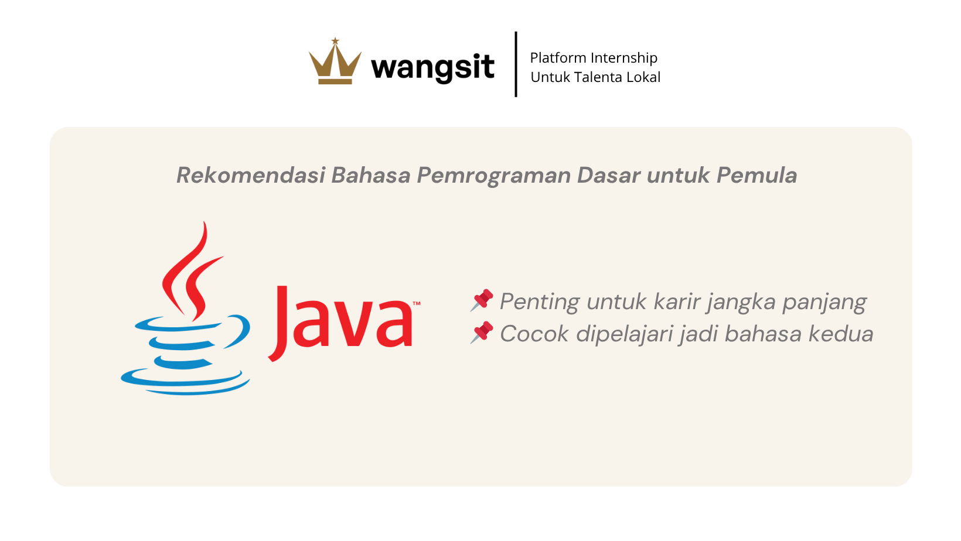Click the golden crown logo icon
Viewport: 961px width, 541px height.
coord(335,61)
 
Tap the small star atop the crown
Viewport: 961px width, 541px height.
coord(335,41)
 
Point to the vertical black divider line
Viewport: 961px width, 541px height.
coord(516,64)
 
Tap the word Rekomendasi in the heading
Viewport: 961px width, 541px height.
coord(251,175)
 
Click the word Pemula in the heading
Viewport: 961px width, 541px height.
coord(757,175)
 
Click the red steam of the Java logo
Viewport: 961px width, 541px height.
coord(193,275)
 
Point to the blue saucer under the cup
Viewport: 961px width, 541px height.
coord(185,382)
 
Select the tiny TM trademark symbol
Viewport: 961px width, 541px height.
coord(417,303)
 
